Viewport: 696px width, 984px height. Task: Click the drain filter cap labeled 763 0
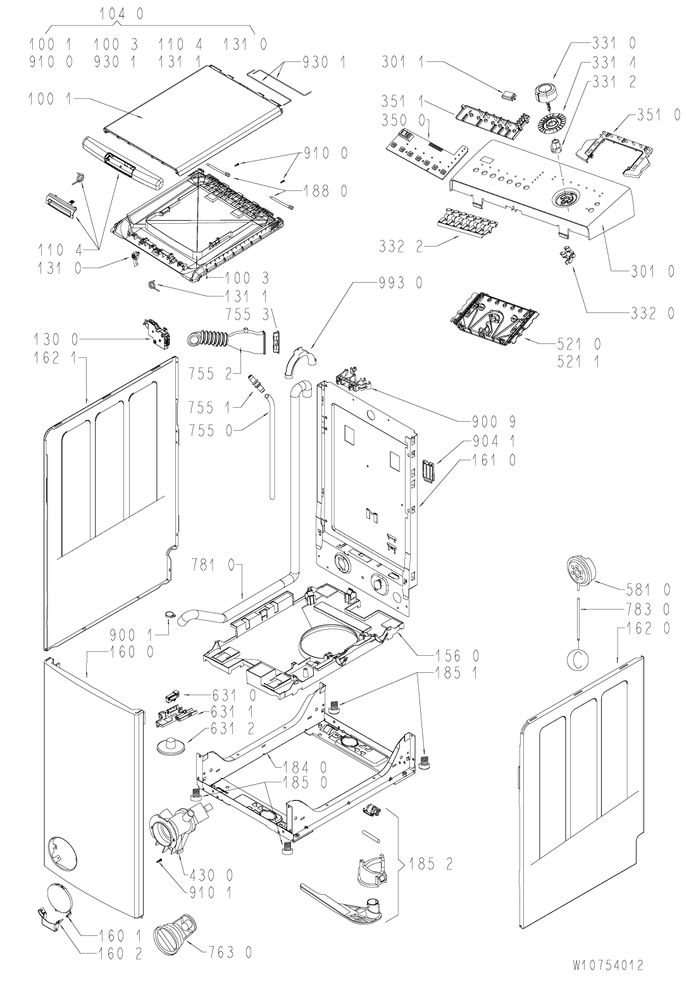click(175, 935)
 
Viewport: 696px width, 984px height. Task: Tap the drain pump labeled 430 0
click(178, 827)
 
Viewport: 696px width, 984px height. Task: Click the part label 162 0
click(646, 629)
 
